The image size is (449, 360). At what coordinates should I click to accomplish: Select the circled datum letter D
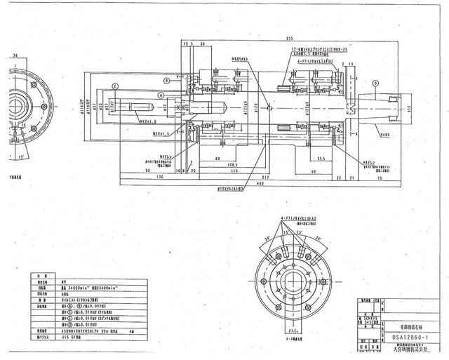[376, 84]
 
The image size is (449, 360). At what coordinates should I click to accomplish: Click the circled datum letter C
[115, 86]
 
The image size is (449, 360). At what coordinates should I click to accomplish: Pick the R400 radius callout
[384, 134]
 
